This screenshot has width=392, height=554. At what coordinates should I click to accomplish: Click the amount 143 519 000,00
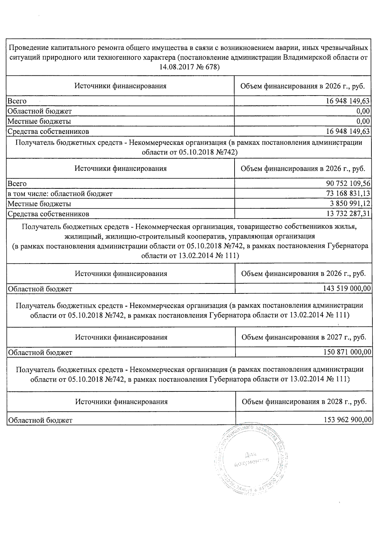click(347, 289)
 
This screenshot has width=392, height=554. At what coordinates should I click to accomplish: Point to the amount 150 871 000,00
click(347, 352)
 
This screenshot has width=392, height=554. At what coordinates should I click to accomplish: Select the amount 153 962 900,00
click(348, 420)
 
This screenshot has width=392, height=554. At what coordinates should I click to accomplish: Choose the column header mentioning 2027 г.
click(303, 337)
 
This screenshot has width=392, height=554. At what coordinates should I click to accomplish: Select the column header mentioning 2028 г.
click(304, 402)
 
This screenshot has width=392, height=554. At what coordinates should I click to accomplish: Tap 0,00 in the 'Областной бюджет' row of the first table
click(363, 111)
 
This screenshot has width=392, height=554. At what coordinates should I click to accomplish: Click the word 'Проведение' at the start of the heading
click(28, 48)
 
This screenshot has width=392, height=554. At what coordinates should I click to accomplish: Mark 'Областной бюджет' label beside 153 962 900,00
click(40, 420)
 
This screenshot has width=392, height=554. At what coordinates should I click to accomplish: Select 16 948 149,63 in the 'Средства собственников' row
click(348, 132)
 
